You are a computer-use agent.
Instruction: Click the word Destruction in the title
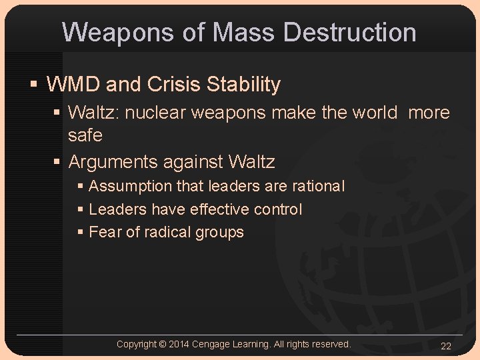click(350, 32)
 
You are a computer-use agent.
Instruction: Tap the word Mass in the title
click(245, 32)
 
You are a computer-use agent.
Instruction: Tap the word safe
click(85, 135)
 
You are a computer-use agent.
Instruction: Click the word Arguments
click(112, 162)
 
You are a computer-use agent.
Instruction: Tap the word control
click(277, 209)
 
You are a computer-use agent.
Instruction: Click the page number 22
click(446, 345)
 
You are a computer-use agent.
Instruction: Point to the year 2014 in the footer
click(179, 344)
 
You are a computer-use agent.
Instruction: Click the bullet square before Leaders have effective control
click(80, 209)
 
